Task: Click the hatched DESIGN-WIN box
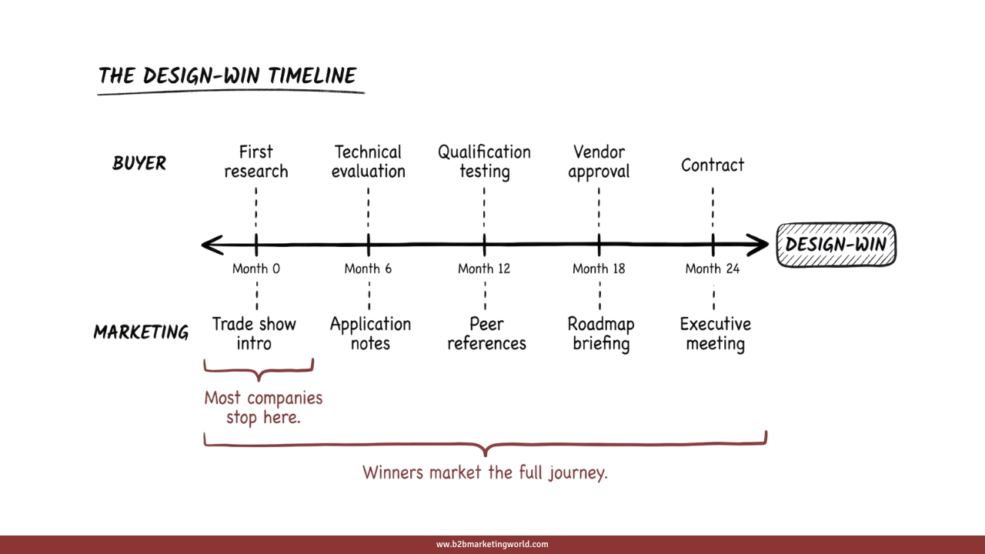tap(836, 245)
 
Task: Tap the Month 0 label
tap(256, 269)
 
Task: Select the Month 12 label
tap(484, 269)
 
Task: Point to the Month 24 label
tap(713, 269)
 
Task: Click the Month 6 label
tap(368, 269)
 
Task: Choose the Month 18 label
tap(599, 269)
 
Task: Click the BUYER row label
tap(139, 163)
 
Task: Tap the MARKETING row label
tap(141, 332)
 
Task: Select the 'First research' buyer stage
tap(256, 162)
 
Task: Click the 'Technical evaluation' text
tap(369, 162)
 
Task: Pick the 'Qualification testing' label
tap(485, 162)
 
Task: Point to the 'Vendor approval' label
tap(599, 162)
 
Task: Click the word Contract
tap(713, 165)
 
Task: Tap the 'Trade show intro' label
tap(254, 333)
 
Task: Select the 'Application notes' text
tap(370, 333)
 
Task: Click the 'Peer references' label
tap(486, 333)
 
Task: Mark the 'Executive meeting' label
tap(716, 333)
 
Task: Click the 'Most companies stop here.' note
tap(263, 408)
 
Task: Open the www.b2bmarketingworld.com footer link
tap(492, 545)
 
